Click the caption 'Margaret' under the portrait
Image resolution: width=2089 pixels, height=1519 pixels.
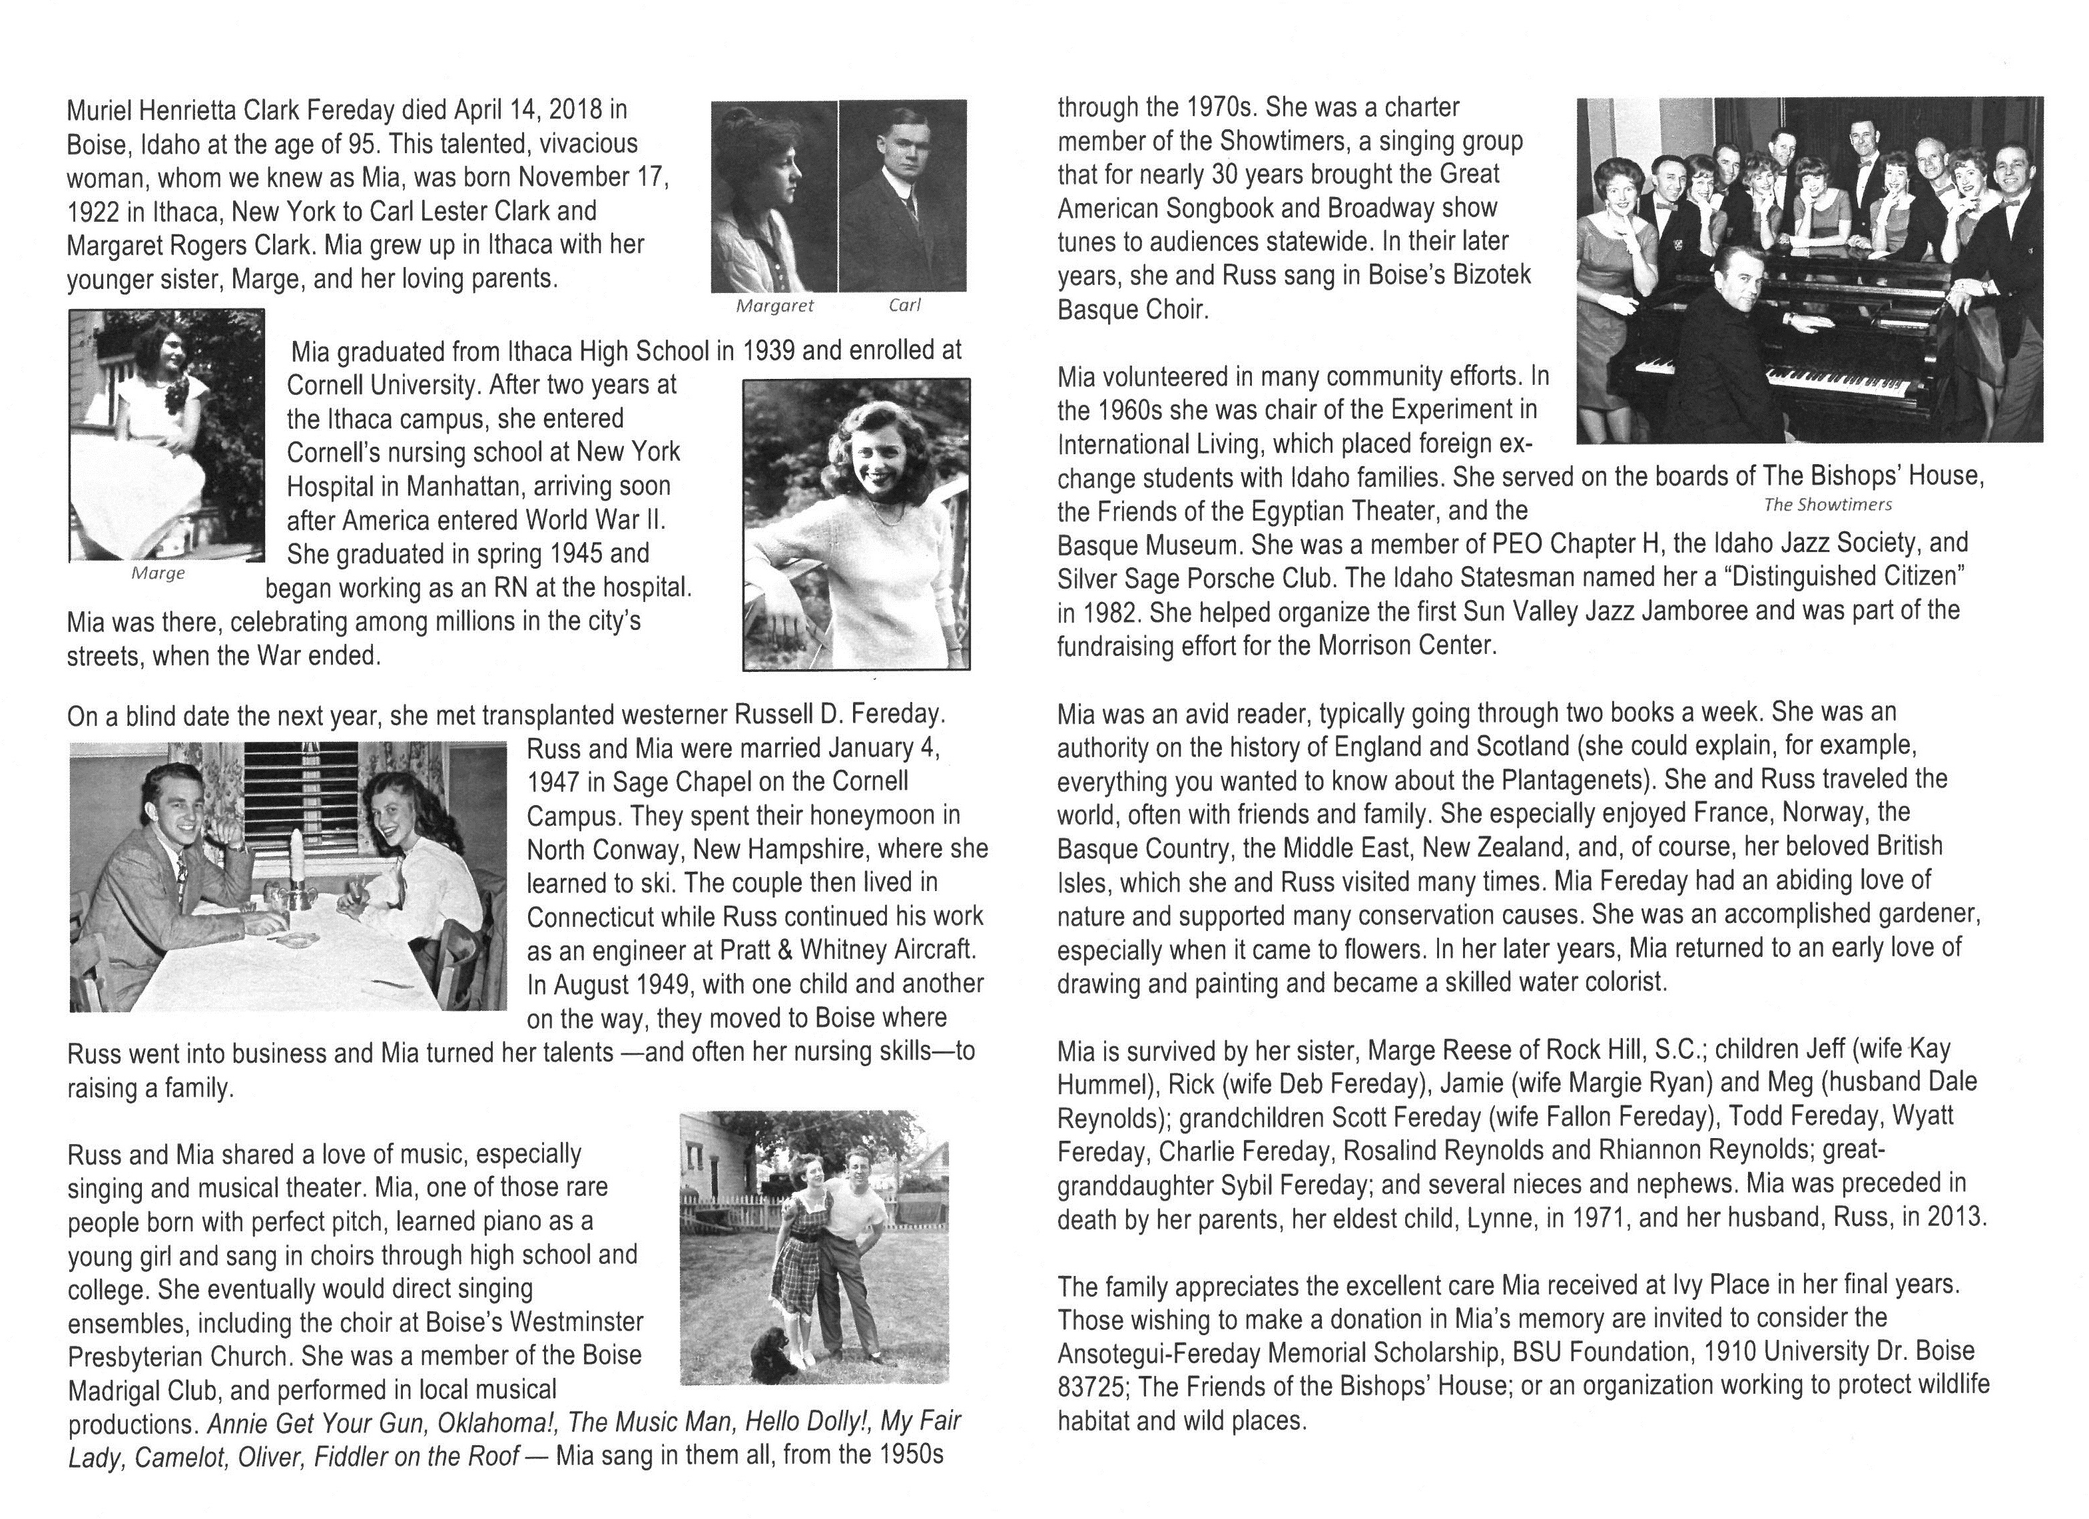(774, 306)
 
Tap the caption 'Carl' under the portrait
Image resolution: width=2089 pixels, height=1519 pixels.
(904, 305)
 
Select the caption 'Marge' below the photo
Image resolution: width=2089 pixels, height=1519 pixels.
(158, 573)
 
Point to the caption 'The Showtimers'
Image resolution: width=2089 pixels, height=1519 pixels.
(1827, 504)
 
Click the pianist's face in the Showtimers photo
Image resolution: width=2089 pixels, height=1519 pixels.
(1739, 277)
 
